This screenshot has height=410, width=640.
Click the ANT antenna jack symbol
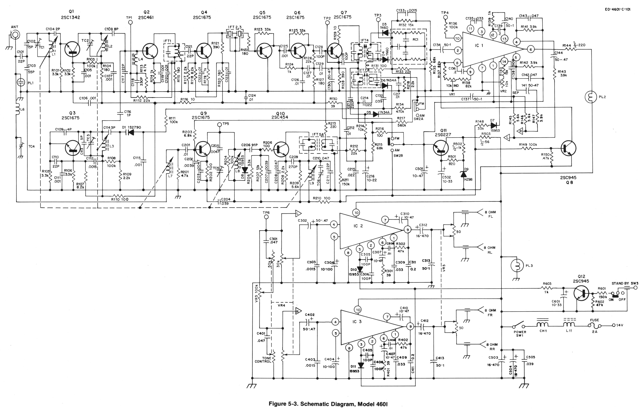click(15, 34)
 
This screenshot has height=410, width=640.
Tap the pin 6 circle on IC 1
click(530, 49)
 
